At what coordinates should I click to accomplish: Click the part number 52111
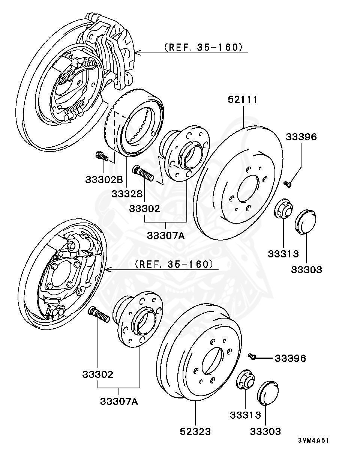(243, 100)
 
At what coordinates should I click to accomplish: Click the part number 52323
(195, 431)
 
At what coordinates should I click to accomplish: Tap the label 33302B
(104, 180)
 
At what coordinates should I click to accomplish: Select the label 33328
(127, 194)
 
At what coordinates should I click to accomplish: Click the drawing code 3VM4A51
(313, 440)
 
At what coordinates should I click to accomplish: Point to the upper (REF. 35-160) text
(201, 47)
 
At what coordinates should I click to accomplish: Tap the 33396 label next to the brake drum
(290, 358)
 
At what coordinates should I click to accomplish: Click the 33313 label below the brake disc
(283, 254)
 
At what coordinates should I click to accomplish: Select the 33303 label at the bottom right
(265, 431)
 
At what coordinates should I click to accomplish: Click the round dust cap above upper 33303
(306, 222)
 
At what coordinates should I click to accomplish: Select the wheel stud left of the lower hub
(99, 314)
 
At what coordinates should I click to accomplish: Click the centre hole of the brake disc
(248, 188)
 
